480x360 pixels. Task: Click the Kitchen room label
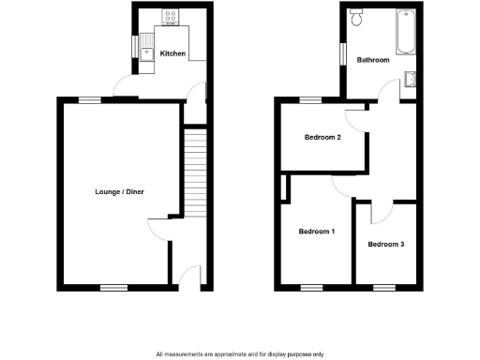pyautogui.click(x=172, y=54)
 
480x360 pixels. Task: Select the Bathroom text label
pyautogui.click(x=373, y=60)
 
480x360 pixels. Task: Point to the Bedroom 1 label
pyautogui.click(x=317, y=232)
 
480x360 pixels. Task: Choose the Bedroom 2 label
pyautogui.click(x=322, y=138)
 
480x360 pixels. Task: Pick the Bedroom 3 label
pyautogui.click(x=386, y=245)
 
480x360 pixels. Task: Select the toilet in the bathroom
pyautogui.click(x=356, y=16)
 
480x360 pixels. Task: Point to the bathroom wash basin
pyautogui.click(x=411, y=80)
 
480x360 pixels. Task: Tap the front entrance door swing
pyautogui.click(x=191, y=275)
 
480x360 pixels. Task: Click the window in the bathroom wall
pyautogui.click(x=342, y=55)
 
